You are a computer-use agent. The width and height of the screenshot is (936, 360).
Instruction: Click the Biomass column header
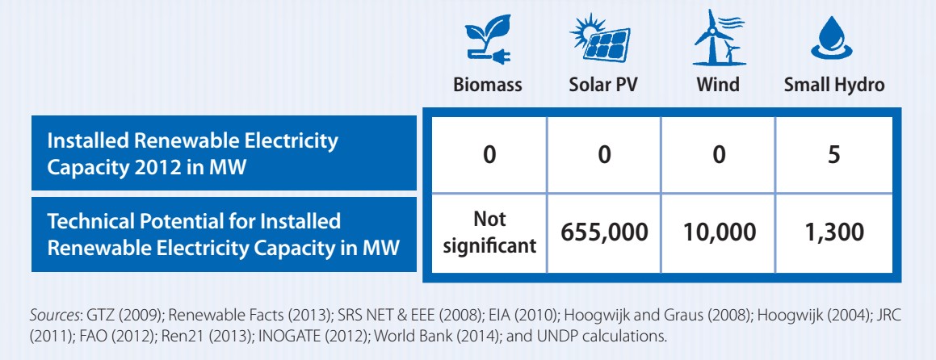pos(487,85)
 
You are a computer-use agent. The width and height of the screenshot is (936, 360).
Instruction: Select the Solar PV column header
pos(603,85)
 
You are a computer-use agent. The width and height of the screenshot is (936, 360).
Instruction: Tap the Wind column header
pos(717,85)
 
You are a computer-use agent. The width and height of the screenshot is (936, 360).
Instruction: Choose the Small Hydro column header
pos(834,85)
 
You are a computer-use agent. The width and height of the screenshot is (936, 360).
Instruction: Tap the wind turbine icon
pos(718,37)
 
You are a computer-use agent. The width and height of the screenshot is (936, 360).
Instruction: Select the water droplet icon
pos(833,39)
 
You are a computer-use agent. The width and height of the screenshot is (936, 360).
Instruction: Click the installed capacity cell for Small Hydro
pos(834,155)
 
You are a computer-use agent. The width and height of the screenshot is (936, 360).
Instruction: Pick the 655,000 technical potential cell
pos(603,232)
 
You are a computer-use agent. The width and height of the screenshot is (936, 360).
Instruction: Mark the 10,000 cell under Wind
pos(718,232)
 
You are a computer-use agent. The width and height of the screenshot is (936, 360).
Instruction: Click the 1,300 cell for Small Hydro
pos(834,232)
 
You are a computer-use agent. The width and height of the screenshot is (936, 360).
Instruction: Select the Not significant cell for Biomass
pos(489,232)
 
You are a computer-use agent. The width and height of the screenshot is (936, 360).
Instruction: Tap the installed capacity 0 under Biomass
pos(489,155)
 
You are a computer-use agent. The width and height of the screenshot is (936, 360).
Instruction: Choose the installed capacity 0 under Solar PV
pos(603,155)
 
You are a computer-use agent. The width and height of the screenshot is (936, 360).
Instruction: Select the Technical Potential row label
pos(224,235)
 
